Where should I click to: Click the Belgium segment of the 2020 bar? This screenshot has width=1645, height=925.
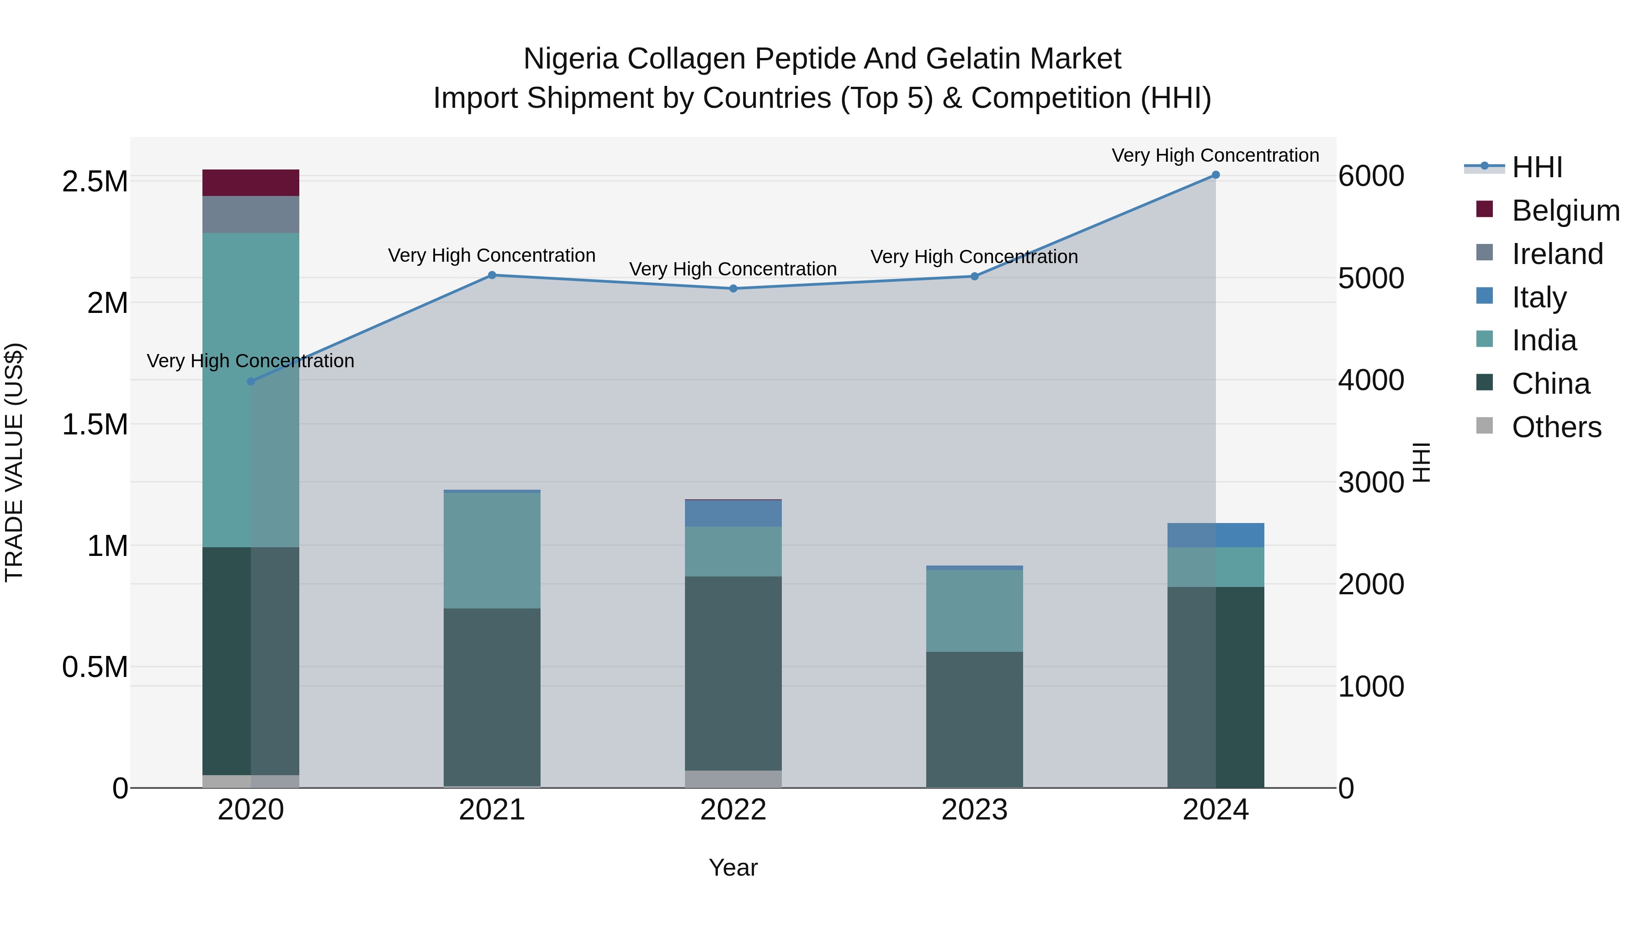coord(250,183)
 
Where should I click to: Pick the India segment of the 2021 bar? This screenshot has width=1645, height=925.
coord(492,550)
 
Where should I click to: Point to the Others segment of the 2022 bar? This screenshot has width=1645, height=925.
coord(733,779)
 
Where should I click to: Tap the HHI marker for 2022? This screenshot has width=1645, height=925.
coord(733,289)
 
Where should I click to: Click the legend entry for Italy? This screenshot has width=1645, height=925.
coord(1539,297)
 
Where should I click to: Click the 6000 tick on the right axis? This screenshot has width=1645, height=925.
coord(1370,176)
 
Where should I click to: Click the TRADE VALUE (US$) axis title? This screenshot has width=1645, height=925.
coord(14,462)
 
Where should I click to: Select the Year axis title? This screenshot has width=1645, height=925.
coord(733,867)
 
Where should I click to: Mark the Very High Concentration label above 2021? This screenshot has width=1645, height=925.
coord(492,255)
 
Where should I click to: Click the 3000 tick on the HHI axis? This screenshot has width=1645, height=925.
coord(1370,483)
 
